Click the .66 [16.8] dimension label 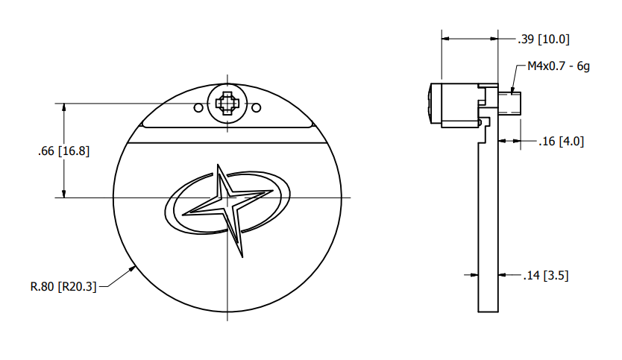[63, 151]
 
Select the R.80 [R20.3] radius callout [63, 285]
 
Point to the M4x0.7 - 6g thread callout [559, 66]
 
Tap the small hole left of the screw [198, 108]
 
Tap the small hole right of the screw [256, 108]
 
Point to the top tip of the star [217, 164]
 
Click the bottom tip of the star [241, 257]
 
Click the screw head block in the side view [454, 105]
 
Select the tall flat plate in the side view [488, 224]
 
